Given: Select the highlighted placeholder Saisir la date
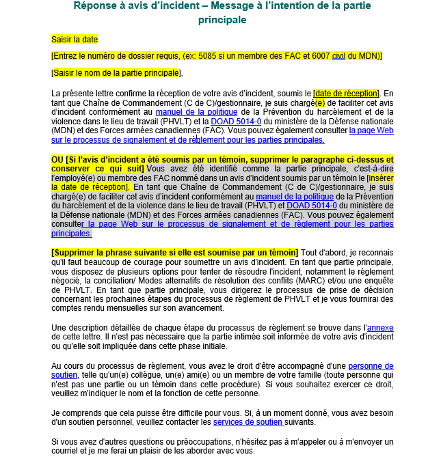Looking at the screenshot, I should coord(75,39).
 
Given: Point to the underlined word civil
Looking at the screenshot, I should coord(338,56).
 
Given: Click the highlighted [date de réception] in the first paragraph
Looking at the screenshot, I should coord(346,93).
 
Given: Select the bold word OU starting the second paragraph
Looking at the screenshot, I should coord(58,159).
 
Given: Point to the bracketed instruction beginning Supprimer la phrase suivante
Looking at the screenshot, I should coord(174,252).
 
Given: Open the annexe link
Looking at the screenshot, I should coord(380,328).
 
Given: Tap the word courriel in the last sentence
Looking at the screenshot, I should coord(67,451).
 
